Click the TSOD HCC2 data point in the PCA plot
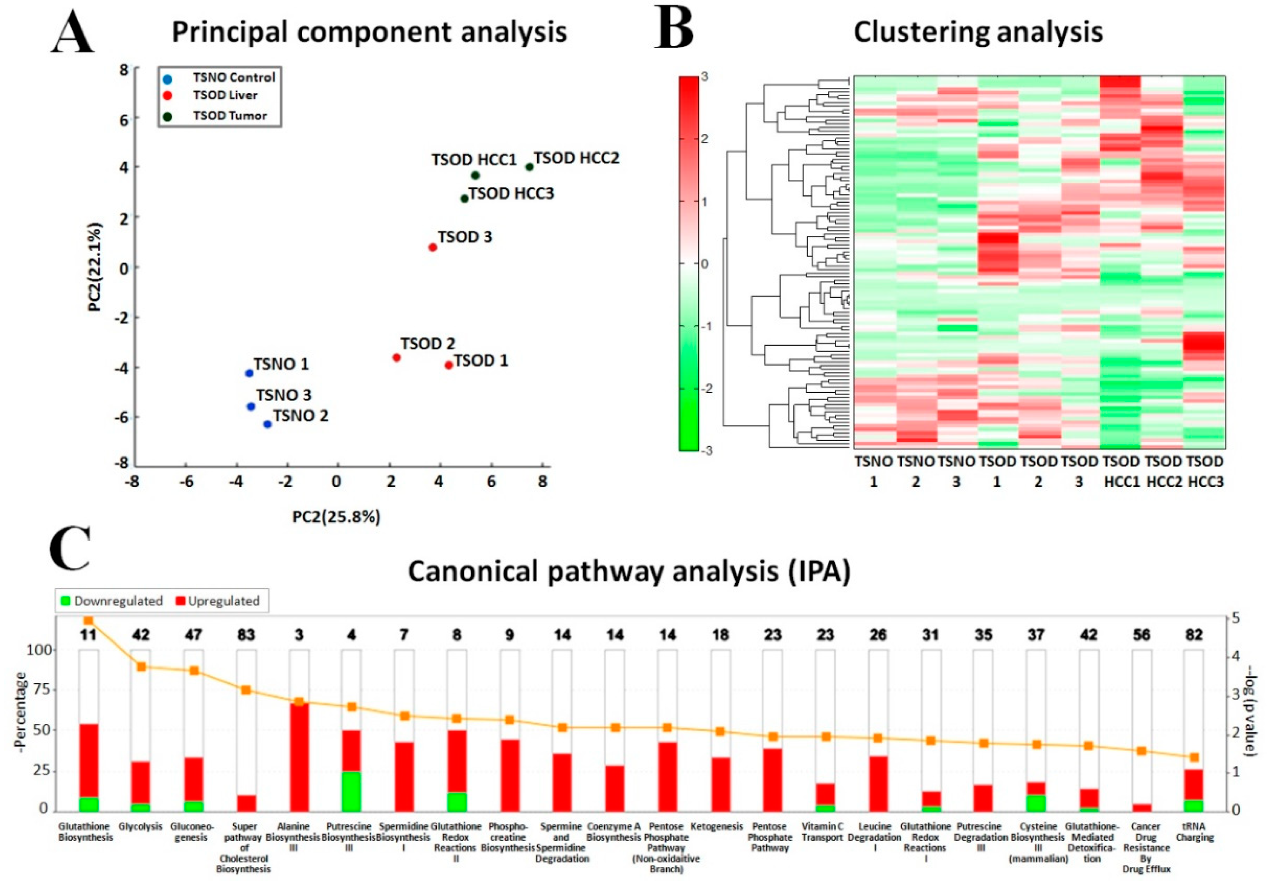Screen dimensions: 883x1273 click(529, 167)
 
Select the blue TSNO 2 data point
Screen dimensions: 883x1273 click(267, 424)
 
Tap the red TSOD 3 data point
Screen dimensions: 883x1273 click(433, 247)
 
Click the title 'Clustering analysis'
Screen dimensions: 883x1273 click(978, 32)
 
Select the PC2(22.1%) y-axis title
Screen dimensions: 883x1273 click(95, 267)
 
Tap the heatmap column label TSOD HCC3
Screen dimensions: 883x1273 click(1206, 471)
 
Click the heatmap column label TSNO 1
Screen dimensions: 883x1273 click(873, 471)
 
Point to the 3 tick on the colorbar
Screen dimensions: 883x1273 click(704, 77)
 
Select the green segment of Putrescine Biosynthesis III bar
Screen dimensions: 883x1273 click(351, 791)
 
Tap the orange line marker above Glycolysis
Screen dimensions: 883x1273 click(141, 667)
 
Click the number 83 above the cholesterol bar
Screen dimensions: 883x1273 click(246, 635)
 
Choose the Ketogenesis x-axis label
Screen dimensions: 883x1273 click(717, 827)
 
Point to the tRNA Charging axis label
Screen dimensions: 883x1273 click(1194, 832)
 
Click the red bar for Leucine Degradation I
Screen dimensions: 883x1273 click(878, 783)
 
